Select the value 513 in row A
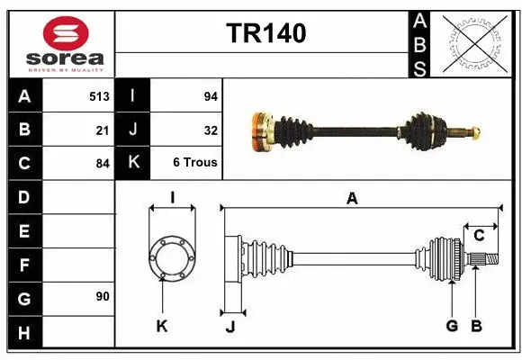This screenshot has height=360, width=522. coord(99,94)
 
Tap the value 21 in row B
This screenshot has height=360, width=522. coord(103,129)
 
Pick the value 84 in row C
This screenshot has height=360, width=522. coord(103,163)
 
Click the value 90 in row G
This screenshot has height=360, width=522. coord(103,296)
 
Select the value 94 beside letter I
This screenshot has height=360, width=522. coord(211,94)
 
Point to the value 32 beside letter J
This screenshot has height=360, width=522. coord(211,129)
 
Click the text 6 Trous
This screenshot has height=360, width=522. coord(195,163)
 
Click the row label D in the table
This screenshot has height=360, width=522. coord(23,196)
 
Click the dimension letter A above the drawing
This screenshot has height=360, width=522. coord(352,199)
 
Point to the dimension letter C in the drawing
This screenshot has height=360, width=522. coord(479,236)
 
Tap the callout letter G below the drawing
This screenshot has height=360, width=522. coord(452,326)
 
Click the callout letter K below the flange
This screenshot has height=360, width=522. coord(162,326)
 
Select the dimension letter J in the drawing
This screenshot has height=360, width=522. coord(229,327)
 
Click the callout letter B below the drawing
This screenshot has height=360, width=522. coord(477,326)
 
